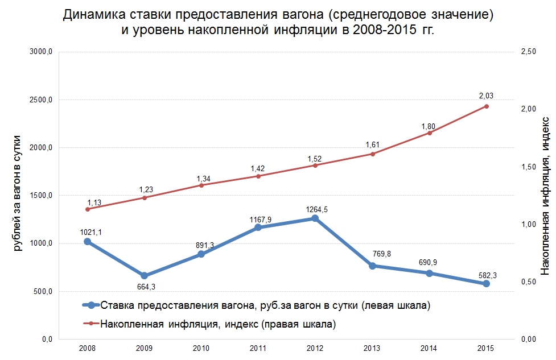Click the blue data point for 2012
(315, 218)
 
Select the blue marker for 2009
(144, 276)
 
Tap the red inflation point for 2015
(486, 106)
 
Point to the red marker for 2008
(87, 209)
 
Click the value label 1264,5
(316, 209)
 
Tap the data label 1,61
(372, 144)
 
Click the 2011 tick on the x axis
(258, 347)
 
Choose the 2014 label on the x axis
(429, 347)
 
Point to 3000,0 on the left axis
(42, 52)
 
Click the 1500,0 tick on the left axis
(42, 196)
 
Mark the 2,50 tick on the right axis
(529, 52)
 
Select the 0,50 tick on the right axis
(529, 282)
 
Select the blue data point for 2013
(372, 266)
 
